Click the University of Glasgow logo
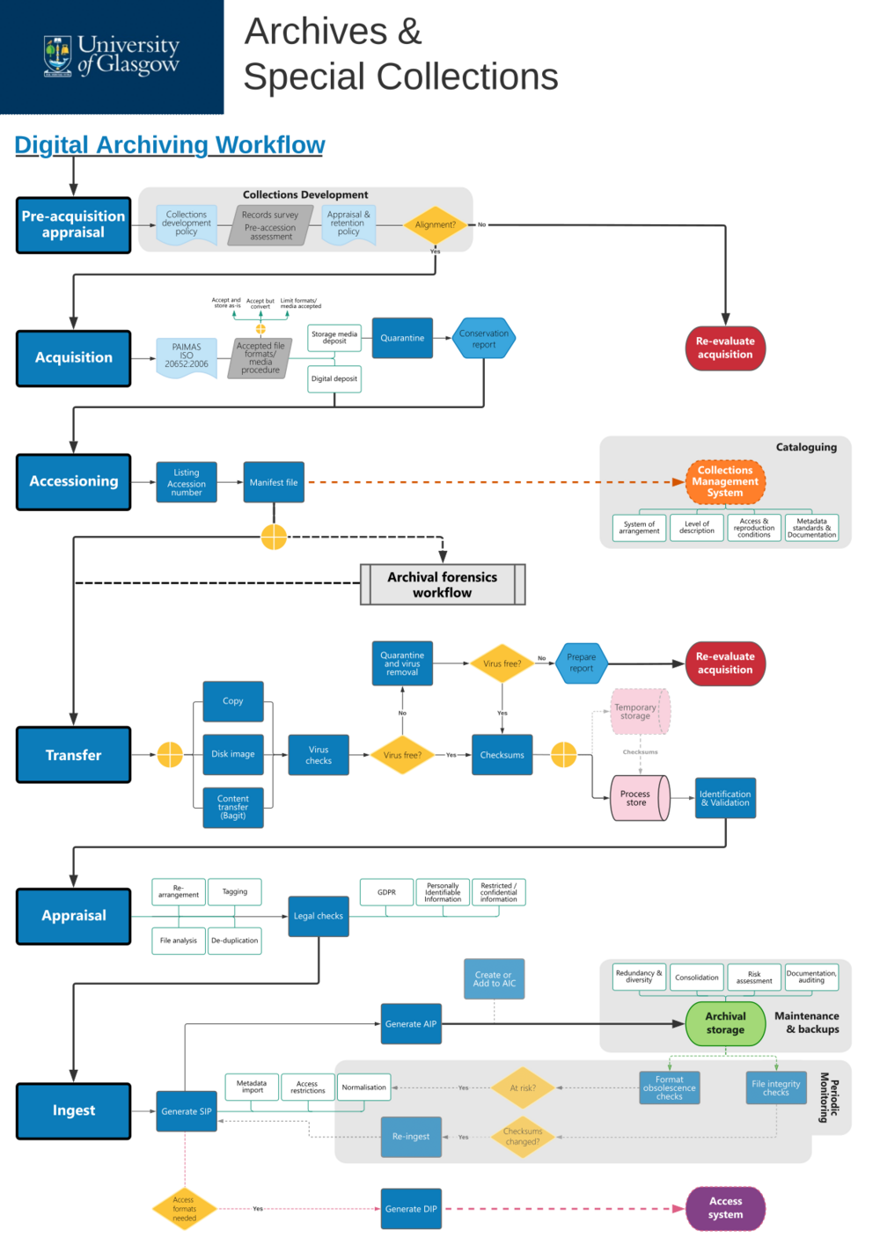point(112,55)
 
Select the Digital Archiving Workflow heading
point(170,144)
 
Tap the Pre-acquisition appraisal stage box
point(73,225)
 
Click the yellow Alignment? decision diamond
point(436,224)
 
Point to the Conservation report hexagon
point(483,339)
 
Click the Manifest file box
point(274,482)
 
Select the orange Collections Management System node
point(725,481)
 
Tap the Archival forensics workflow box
point(443,584)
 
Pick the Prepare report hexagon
point(581,663)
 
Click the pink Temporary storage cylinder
point(640,712)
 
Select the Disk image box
point(233,754)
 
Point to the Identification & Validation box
point(725,798)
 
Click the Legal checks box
point(318,916)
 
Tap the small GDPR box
point(386,892)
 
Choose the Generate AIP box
point(411,1024)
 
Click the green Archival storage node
point(725,1023)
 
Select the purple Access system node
point(725,1208)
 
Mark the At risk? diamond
point(523,1088)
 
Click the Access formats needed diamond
point(185,1209)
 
